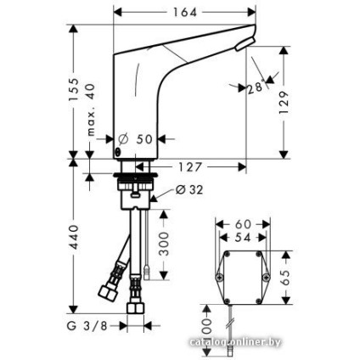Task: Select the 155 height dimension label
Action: pyautogui.click(x=74, y=87)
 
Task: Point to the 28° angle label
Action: pyautogui.click(x=255, y=87)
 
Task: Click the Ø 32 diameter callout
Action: pyautogui.click(x=189, y=189)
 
